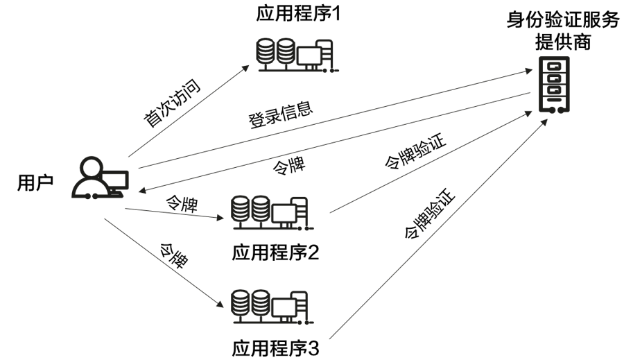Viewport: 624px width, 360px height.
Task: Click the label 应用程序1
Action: tap(299, 15)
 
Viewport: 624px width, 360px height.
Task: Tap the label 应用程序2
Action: tap(275, 252)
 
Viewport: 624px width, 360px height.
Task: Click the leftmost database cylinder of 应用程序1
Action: tap(264, 53)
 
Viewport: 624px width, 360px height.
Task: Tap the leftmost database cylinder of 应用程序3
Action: tap(241, 303)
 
